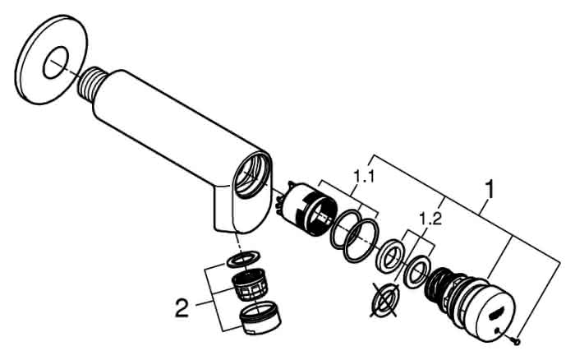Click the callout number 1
(x=490, y=189)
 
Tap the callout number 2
(x=182, y=308)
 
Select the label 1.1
(x=364, y=177)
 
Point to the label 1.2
(x=430, y=219)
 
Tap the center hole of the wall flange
(x=56, y=63)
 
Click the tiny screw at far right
(x=517, y=342)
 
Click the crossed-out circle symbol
(x=384, y=300)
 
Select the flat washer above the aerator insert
(x=244, y=259)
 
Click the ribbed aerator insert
(x=249, y=284)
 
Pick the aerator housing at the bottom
(x=260, y=318)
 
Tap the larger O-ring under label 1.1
(x=362, y=241)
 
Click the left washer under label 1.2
(x=392, y=256)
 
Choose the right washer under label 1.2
(x=417, y=273)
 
